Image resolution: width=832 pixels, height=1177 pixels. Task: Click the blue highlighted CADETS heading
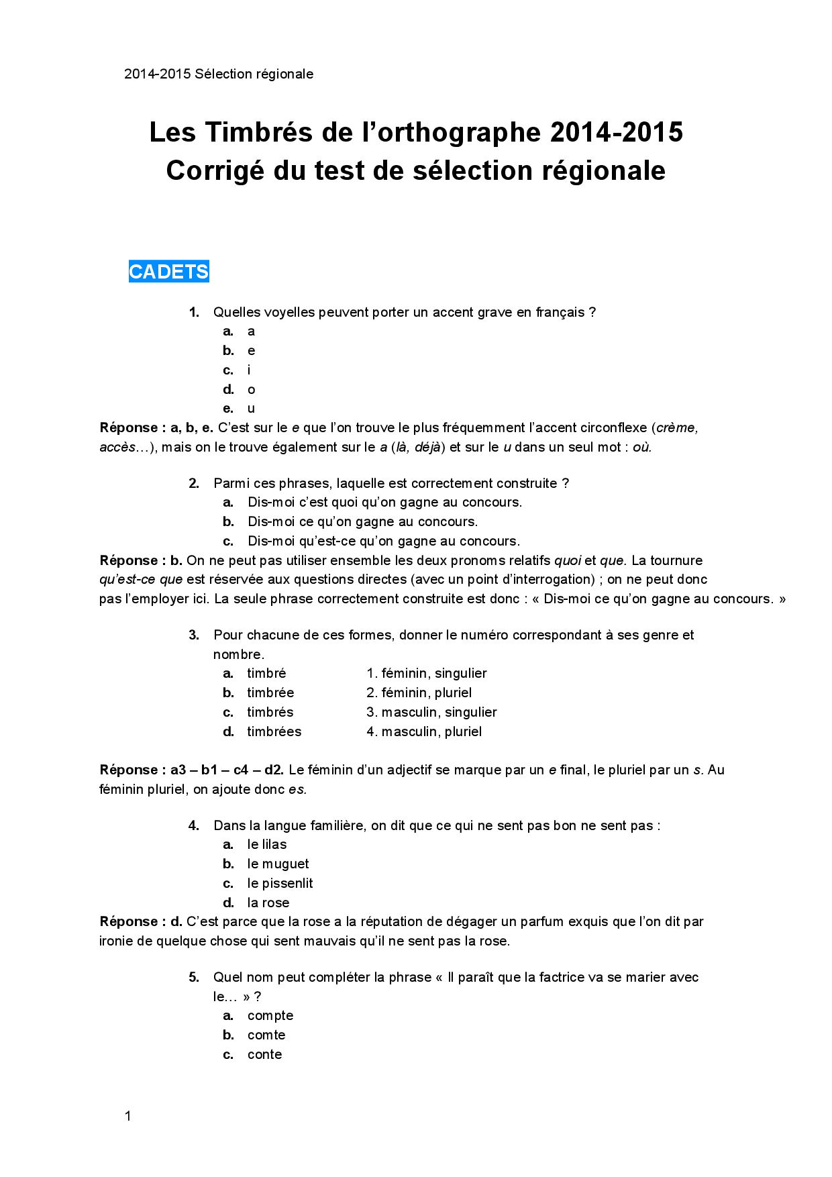[x=168, y=272]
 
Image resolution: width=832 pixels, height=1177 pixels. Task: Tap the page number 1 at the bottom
[x=127, y=1116]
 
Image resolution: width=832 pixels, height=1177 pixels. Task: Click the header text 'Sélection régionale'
[x=254, y=74]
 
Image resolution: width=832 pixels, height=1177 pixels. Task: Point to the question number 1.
[x=194, y=312]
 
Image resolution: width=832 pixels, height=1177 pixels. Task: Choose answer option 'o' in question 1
[x=251, y=389]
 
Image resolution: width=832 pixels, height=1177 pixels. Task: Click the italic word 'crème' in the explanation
[x=676, y=427]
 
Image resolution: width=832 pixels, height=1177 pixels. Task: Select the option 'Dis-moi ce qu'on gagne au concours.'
[x=362, y=521]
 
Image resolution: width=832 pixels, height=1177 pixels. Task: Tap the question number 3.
[x=194, y=635]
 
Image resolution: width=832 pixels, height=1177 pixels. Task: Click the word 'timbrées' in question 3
[x=274, y=731]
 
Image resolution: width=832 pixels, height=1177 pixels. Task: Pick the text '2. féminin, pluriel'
[x=419, y=693]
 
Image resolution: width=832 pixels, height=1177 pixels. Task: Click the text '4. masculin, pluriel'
[x=424, y=731]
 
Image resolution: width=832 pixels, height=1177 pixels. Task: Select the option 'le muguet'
[x=278, y=864]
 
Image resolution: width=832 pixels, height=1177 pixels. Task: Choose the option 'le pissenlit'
[x=280, y=883]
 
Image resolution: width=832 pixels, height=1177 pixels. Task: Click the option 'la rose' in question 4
[x=268, y=903]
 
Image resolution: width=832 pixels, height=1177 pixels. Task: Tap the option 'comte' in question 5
[x=266, y=1035]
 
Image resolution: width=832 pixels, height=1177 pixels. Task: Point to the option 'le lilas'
[x=266, y=844]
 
